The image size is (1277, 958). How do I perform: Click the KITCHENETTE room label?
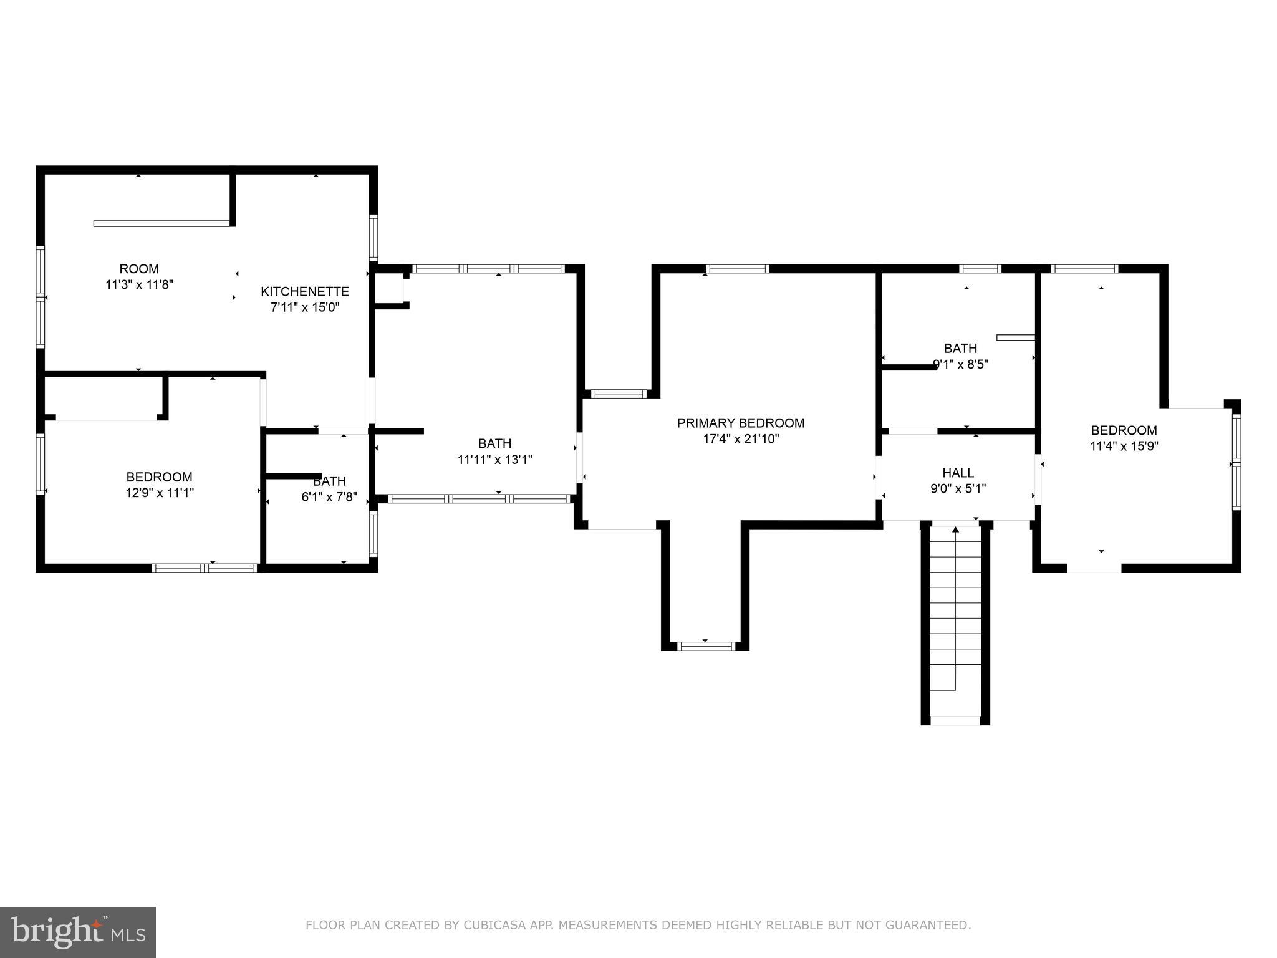pyautogui.click(x=304, y=291)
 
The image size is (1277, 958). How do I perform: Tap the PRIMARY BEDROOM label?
pyautogui.click(x=741, y=423)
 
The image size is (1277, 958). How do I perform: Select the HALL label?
pyautogui.click(x=958, y=473)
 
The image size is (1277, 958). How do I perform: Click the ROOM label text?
pyautogui.click(x=139, y=269)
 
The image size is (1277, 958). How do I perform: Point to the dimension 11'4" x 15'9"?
pyautogui.click(x=1124, y=446)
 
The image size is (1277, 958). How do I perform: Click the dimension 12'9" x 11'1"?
pyautogui.click(x=160, y=493)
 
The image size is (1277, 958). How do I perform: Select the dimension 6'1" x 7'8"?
pyautogui.click(x=329, y=497)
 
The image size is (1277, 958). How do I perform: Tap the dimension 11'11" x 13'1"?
pyautogui.click(x=494, y=460)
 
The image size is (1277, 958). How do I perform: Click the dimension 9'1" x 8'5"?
pyautogui.click(x=960, y=364)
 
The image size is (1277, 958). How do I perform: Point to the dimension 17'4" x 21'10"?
pyautogui.click(x=741, y=439)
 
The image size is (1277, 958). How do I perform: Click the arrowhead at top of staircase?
pyautogui.click(x=955, y=530)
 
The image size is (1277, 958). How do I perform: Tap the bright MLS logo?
pyautogui.click(x=77, y=932)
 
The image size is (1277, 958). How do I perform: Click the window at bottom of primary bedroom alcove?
pyautogui.click(x=706, y=646)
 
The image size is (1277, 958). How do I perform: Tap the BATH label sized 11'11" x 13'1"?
pyautogui.click(x=494, y=443)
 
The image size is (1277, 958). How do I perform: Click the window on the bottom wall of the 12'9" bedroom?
pyautogui.click(x=205, y=568)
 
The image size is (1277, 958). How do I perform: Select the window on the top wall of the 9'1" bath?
pyautogui.click(x=980, y=269)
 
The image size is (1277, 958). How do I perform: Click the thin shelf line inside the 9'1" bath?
pyautogui.click(x=1015, y=337)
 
